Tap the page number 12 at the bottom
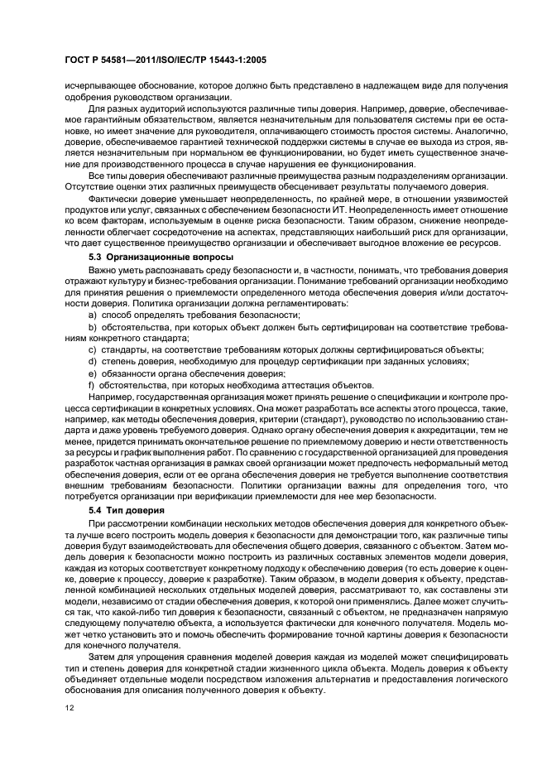(70, 707)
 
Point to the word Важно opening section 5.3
(102, 272)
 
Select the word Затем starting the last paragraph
(103, 656)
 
